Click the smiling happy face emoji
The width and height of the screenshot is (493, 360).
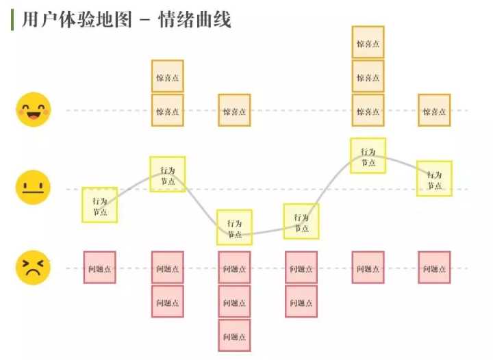pyautogui.click(x=33, y=110)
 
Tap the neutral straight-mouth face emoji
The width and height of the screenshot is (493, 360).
pyautogui.click(x=33, y=188)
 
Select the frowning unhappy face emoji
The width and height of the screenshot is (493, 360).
pyautogui.click(x=33, y=267)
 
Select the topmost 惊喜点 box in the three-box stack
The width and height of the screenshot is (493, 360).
pyautogui.click(x=368, y=42)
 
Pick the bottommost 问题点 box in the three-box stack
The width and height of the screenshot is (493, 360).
pyautogui.click(x=234, y=335)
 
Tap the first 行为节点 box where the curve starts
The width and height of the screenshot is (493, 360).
pyautogui.click(x=100, y=205)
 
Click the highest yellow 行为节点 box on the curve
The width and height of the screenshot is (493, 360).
pyautogui.click(x=368, y=156)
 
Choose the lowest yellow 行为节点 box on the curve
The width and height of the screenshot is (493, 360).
pyautogui.click(x=234, y=227)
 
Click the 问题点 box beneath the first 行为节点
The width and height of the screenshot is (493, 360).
pyautogui.click(x=100, y=268)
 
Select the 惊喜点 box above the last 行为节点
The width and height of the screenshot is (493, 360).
pyautogui.click(x=435, y=110)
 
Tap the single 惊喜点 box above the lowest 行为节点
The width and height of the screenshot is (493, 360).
pyautogui.click(x=234, y=110)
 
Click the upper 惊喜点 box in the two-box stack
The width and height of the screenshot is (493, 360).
pyautogui.click(x=167, y=76)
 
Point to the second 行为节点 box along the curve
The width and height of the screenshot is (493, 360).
pyautogui.click(x=167, y=175)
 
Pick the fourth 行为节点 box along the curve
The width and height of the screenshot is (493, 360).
pyautogui.click(x=301, y=221)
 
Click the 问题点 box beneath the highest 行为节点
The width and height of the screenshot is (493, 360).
pyautogui.click(x=368, y=268)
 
